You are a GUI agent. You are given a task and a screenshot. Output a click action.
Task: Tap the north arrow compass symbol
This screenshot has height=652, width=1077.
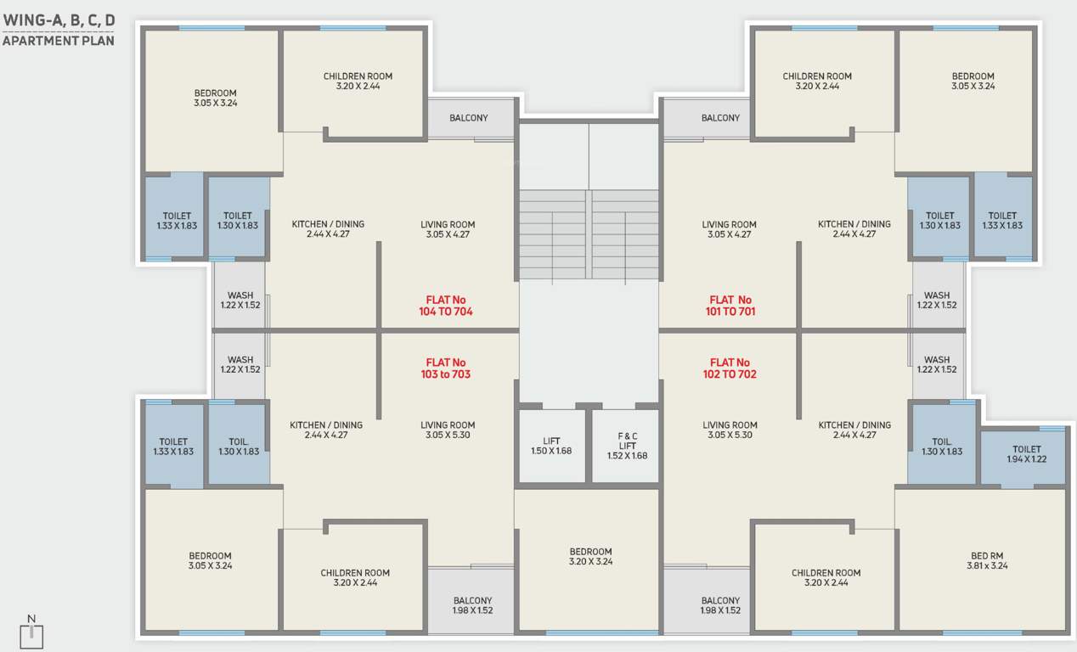(x=31, y=632)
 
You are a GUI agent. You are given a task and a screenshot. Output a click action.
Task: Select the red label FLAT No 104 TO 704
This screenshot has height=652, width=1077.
(x=446, y=306)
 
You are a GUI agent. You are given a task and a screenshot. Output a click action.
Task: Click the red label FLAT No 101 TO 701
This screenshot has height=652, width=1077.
(x=730, y=306)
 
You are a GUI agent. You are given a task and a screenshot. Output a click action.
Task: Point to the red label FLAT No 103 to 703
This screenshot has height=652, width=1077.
(x=446, y=368)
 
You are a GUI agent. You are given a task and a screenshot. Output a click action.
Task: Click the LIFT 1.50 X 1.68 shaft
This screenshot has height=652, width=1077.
(x=551, y=446)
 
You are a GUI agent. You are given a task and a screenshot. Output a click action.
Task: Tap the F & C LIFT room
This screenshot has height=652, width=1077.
(x=627, y=446)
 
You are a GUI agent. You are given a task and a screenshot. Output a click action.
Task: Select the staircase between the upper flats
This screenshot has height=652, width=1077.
(x=589, y=233)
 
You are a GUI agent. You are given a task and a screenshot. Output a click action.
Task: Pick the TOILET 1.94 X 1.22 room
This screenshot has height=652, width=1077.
(x=1026, y=455)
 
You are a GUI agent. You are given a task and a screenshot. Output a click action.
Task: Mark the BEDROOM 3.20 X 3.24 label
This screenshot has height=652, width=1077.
(x=590, y=556)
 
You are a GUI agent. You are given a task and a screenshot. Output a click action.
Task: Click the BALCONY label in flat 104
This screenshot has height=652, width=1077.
(x=469, y=118)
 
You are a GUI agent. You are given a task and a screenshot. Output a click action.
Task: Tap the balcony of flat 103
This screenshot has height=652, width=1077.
(x=472, y=604)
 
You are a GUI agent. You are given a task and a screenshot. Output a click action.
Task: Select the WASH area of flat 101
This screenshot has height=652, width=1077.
(x=937, y=301)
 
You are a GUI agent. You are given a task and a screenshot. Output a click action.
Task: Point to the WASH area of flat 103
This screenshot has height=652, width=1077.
(x=240, y=365)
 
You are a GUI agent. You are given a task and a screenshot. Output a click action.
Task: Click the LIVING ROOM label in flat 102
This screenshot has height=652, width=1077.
(x=730, y=430)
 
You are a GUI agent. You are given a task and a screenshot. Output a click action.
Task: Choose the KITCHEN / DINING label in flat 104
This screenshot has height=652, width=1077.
(x=328, y=229)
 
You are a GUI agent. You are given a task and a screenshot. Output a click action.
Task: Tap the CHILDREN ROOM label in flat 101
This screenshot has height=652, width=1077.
(x=817, y=81)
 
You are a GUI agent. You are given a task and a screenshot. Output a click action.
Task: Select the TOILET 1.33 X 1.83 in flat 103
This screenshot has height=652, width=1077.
(x=173, y=447)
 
